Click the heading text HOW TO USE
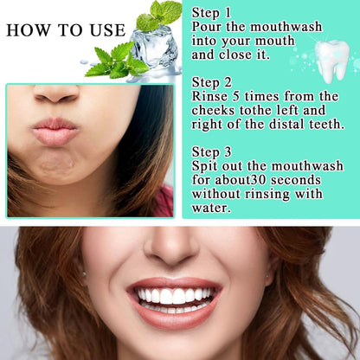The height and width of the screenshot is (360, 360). pos(65,30)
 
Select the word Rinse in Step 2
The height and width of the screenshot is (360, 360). pos(212,95)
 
